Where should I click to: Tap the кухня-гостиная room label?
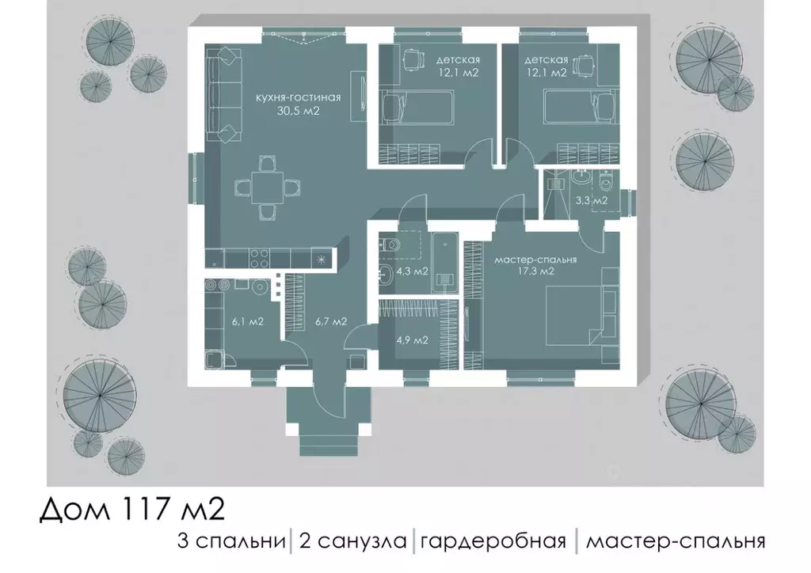pyautogui.click(x=297, y=97)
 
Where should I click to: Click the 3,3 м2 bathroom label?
pyautogui.click(x=591, y=201)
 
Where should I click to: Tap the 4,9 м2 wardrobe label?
pyautogui.click(x=411, y=341)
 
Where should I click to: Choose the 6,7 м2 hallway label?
pyautogui.click(x=330, y=321)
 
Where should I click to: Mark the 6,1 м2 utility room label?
pyautogui.click(x=247, y=321)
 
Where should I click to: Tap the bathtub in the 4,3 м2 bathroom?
pyautogui.click(x=444, y=262)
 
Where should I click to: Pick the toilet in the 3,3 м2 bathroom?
pyautogui.click(x=607, y=184)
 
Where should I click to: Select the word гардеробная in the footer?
pyautogui.click(x=493, y=541)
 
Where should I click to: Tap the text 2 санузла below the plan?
pyautogui.click(x=352, y=541)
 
